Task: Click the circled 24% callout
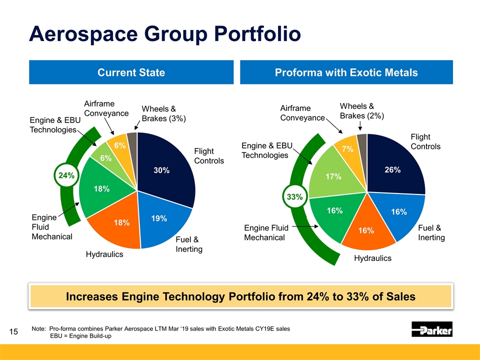(66, 175)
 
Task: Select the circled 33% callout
(294, 197)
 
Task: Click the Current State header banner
(131, 72)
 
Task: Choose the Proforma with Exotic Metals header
(346, 72)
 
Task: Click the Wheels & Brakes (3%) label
(164, 113)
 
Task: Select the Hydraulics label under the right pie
(372, 258)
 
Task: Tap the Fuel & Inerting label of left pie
(188, 244)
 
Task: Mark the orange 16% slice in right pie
(366, 229)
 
